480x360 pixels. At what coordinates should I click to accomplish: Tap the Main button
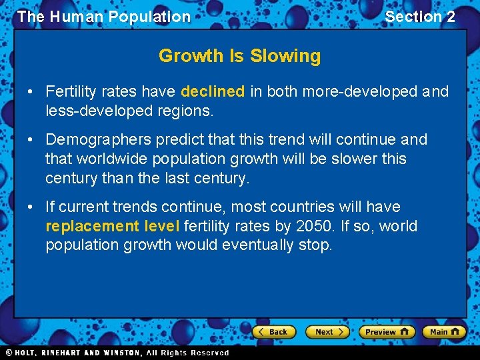445,331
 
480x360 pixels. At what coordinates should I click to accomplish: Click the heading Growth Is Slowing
239,56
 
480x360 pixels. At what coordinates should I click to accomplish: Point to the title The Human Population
104,17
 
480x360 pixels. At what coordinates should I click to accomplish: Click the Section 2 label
420,17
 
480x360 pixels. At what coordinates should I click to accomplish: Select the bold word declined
213,91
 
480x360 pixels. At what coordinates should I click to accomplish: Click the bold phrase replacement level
112,226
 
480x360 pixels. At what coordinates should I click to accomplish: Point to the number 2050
313,226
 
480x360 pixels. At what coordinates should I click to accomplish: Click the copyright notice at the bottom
117,353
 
